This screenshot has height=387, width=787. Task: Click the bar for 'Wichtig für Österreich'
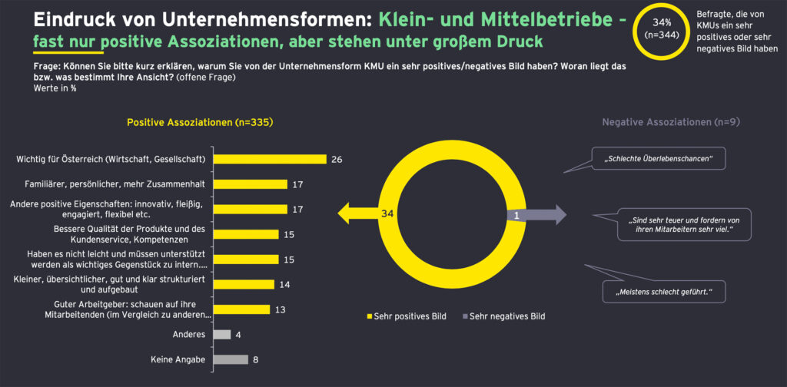coord(270,159)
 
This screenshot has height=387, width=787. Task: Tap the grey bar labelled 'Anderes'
coord(221,334)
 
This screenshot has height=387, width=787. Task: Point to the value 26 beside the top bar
coord(336,160)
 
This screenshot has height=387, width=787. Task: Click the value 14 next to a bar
coord(284,284)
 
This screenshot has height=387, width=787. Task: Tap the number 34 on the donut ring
coord(387,215)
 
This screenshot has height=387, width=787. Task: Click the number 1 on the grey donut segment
coord(516,216)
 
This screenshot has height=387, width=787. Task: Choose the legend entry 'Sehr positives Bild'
coord(408,316)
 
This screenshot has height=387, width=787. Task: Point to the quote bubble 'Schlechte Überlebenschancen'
coord(659,159)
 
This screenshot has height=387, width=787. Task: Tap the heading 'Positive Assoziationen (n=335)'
coord(200,122)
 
